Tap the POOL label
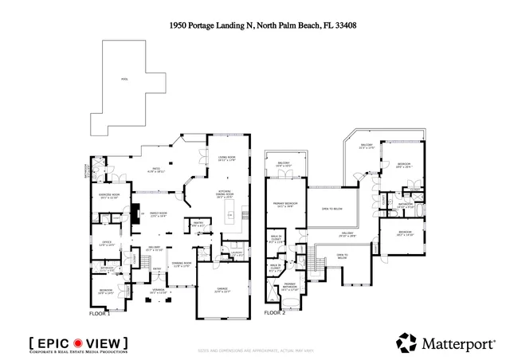pos(124,80)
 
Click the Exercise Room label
pos(109,197)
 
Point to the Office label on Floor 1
pos(107,244)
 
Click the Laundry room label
pos(236,254)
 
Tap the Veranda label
pos(159,292)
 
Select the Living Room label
pos(226,158)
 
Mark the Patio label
pos(157,170)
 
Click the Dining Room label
pos(182,264)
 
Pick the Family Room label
pos(158,214)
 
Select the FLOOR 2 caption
pos(274,313)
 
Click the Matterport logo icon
pos(406,342)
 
